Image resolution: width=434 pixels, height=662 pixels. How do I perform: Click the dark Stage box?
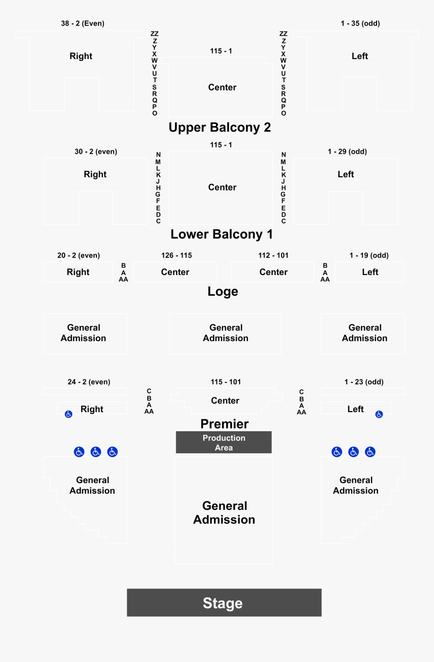pos(224,603)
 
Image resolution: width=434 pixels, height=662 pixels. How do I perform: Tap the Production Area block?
pos(224,442)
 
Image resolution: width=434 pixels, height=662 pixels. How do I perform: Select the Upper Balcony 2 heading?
pos(220,127)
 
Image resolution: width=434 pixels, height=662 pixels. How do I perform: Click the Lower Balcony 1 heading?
pos(222,234)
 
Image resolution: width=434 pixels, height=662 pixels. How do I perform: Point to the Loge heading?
pos(223,291)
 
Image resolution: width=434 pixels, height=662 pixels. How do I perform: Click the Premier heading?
pos(225,424)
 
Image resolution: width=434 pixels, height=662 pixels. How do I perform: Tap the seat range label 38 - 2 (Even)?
pos(83,23)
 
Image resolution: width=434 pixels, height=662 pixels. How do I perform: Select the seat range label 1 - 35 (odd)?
pos(360,23)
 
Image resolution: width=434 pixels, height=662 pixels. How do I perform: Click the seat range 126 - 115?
pos(177,255)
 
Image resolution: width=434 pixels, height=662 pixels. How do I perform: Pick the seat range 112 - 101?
pos(273,255)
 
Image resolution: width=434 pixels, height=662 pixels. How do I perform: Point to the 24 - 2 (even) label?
pos(89,382)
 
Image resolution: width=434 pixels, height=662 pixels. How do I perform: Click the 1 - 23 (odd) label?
pos(364,382)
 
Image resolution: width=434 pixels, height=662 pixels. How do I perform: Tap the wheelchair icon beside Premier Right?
pos(69,414)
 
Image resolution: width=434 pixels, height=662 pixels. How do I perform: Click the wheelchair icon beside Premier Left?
pos(379,414)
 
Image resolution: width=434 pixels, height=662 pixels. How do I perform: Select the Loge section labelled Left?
pos(369,272)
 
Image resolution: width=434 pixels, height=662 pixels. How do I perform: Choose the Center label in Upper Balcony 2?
pos(223,87)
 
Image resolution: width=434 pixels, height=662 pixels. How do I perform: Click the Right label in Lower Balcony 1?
pos(95,174)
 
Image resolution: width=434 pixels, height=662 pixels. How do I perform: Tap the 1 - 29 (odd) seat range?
pos(347,152)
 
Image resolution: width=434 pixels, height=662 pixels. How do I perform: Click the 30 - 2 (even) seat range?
pos(96,152)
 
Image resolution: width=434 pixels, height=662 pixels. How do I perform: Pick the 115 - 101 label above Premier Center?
pos(226,382)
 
